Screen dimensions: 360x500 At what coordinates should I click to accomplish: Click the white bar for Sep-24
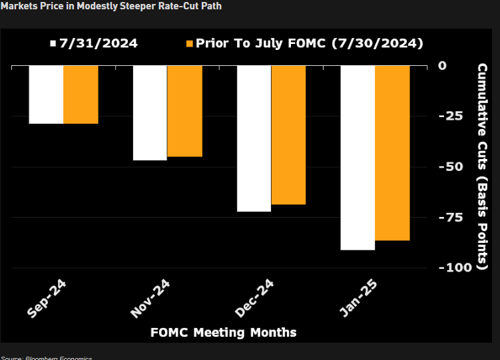pyautogui.click(x=46, y=94)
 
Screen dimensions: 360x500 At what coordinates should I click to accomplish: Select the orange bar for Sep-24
pyautogui.click(x=81, y=94)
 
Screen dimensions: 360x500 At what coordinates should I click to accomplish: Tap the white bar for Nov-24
pyautogui.click(x=150, y=112)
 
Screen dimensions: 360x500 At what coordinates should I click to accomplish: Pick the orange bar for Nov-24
pyautogui.click(x=184, y=111)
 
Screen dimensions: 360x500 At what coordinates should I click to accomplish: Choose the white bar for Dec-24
pyautogui.click(x=254, y=138)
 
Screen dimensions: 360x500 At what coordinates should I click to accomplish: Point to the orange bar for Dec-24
pyautogui.click(x=288, y=134)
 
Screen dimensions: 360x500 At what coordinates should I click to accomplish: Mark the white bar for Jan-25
pyautogui.click(x=358, y=158)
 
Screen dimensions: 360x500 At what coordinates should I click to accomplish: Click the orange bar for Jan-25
pyautogui.click(x=392, y=152)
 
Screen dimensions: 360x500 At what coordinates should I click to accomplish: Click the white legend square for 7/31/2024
pyautogui.click(x=53, y=44)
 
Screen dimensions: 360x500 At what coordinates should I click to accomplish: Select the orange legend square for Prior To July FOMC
pyautogui.click(x=190, y=44)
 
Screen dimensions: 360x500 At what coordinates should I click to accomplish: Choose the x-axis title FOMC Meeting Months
pyautogui.click(x=223, y=332)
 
